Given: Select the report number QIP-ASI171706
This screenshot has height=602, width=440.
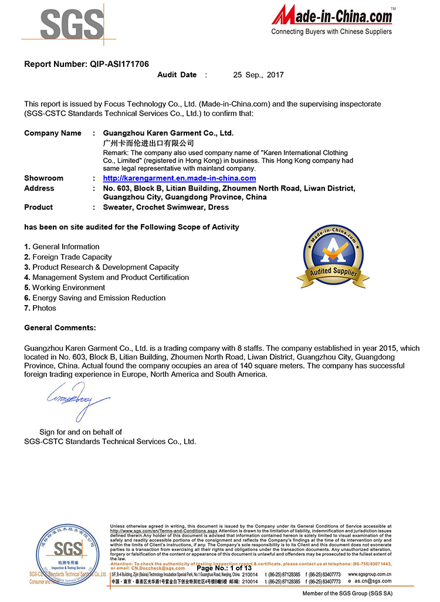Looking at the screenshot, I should click(124, 64).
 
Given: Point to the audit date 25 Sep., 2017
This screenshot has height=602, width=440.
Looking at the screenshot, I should click(258, 75).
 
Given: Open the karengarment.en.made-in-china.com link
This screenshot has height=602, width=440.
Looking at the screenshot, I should click(179, 178).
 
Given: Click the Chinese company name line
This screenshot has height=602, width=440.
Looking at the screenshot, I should click(148, 143).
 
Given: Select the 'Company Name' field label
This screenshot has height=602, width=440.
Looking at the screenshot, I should click(53, 133).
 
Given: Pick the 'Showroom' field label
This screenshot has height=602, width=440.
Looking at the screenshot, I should click(43, 178).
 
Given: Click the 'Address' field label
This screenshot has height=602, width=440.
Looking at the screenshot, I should click(39, 188).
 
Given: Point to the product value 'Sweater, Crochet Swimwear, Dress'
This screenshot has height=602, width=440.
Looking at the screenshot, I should click(166, 207).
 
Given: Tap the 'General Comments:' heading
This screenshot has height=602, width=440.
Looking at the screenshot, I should click(60, 327).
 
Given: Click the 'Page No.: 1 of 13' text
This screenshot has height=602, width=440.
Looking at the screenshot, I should click(224, 568).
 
